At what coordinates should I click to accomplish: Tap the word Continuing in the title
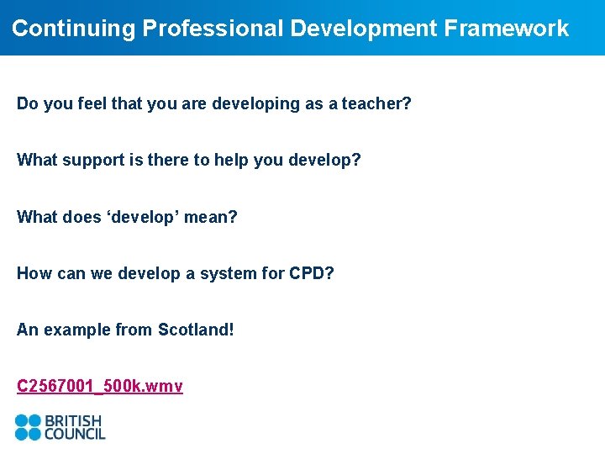(x=73, y=29)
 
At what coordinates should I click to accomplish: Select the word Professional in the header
(x=213, y=29)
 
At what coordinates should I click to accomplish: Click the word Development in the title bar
(x=364, y=29)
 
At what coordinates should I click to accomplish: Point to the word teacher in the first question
(x=376, y=104)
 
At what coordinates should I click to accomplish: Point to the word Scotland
(x=196, y=330)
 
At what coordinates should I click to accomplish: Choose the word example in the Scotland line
(x=76, y=330)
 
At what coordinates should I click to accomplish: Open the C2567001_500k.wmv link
(x=100, y=386)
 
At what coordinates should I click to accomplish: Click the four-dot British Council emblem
(x=28, y=427)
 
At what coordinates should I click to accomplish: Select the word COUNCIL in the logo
(x=76, y=435)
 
